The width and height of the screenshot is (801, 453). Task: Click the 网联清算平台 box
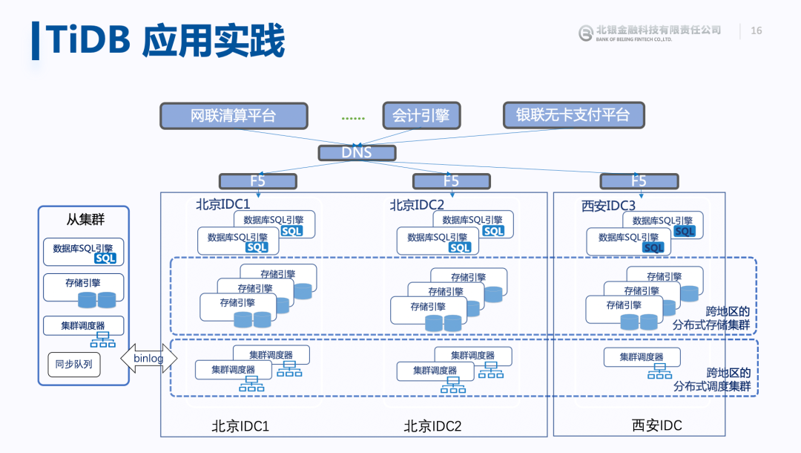(x=234, y=116)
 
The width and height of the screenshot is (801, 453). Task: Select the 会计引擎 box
(x=421, y=116)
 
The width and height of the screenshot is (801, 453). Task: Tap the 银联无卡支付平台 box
(x=573, y=115)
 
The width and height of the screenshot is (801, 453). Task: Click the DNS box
(x=357, y=153)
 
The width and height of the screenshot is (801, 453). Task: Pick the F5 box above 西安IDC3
(x=639, y=181)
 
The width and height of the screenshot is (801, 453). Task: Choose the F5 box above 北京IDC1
(x=258, y=181)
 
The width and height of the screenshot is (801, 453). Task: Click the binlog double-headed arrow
(x=148, y=358)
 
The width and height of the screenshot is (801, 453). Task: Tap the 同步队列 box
(x=74, y=365)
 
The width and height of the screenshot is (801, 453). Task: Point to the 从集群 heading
(x=85, y=219)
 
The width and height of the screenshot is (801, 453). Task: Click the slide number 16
(x=756, y=30)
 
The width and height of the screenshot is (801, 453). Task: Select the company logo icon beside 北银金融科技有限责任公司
(x=585, y=33)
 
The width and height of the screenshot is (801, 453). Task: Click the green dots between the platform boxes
(x=353, y=119)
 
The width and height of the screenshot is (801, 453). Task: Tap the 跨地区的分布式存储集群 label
(x=711, y=318)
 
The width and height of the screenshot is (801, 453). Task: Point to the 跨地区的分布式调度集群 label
(x=712, y=379)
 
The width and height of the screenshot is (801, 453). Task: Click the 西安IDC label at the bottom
(x=657, y=426)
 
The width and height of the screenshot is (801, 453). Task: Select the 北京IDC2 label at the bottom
(x=432, y=426)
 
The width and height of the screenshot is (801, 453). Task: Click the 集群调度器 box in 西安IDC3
(x=642, y=357)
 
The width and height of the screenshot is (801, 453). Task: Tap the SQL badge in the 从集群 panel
(x=106, y=258)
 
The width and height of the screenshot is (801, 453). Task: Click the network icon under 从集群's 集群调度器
(x=103, y=339)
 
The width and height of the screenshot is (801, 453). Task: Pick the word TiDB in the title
(x=89, y=39)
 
